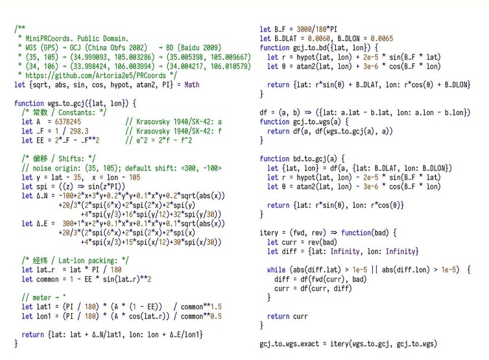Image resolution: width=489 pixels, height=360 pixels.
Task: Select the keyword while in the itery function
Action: (x=277, y=269)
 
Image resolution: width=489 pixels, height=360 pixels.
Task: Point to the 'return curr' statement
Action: (x=289, y=316)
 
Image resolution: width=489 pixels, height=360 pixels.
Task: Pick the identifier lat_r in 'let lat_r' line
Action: (x=46, y=270)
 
